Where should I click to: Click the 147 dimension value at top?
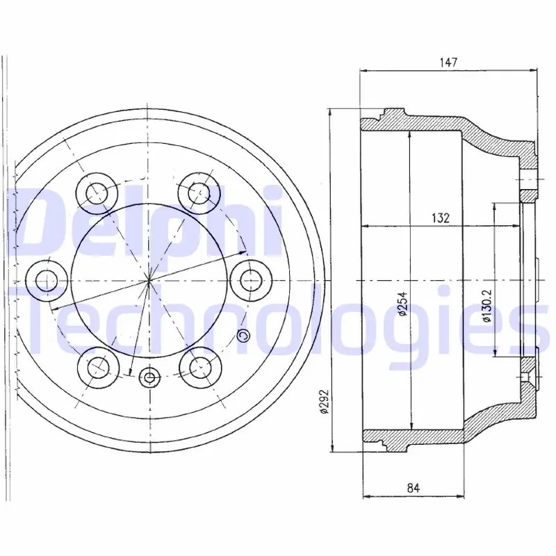coord(448,63)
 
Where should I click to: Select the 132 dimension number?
coord(441,218)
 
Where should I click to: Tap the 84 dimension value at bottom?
coord(414,489)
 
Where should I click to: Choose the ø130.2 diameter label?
coord(487,305)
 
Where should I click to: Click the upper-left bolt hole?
coord(97,193)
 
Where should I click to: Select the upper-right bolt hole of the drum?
coord(199,193)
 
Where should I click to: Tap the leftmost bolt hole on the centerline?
coord(47,281)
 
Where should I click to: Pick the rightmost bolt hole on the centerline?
coord(251,281)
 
